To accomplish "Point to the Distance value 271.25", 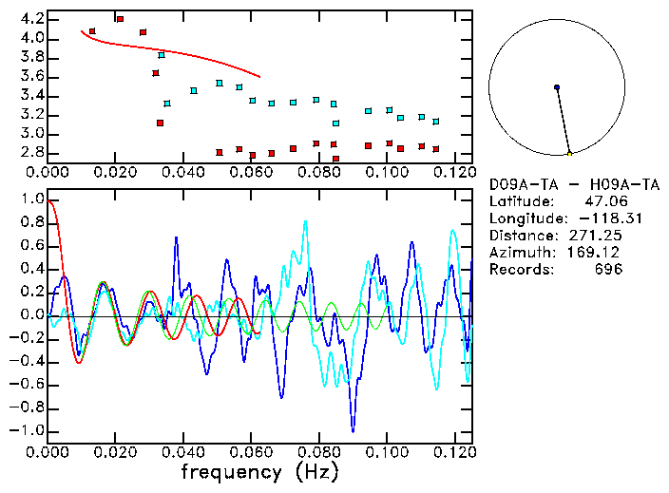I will (x=596, y=236).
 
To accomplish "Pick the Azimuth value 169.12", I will (x=596, y=253).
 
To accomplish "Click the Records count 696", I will (x=608, y=270).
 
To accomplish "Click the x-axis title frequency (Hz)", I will (x=259, y=471).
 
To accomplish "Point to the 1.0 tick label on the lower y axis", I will (x=31, y=199).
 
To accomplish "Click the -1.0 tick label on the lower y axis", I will (x=28, y=430).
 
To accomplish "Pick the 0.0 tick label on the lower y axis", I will (x=31, y=315).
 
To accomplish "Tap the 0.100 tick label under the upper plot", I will (x=386, y=173).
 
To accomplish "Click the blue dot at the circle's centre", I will (x=557, y=87).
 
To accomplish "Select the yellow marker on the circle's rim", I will (x=569, y=153).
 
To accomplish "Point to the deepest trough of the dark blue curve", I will (x=353, y=429).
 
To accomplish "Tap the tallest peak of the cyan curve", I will (x=305, y=222).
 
